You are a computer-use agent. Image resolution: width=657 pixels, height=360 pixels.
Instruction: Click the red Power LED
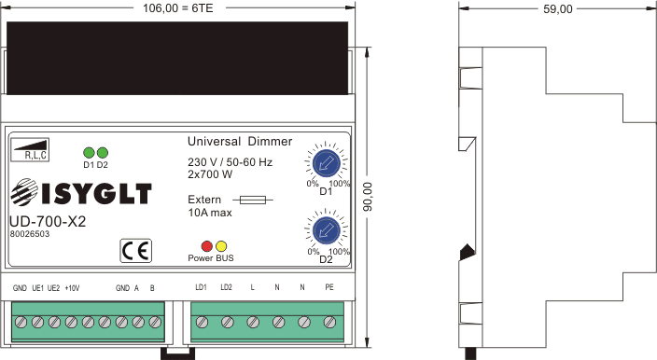(x=207, y=246)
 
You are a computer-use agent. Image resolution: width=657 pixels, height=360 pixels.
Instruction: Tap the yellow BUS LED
(x=221, y=246)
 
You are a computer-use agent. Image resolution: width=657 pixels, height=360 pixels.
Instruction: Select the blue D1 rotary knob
(x=327, y=163)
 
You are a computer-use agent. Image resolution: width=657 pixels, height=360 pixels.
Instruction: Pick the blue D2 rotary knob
(x=327, y=230)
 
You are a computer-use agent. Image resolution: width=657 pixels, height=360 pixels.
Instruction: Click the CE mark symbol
(x=135, y=251)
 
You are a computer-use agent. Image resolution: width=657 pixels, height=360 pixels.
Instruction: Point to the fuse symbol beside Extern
(x=253, y=201)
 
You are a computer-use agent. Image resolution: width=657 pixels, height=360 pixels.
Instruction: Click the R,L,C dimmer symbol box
(x=30, y=149)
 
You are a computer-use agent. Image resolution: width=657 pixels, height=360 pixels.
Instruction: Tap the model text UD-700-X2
(x=48, y=221)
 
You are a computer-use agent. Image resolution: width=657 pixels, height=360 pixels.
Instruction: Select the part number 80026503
(x=30, y=234)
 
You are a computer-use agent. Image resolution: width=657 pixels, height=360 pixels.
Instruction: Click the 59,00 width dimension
(x=558, y=9)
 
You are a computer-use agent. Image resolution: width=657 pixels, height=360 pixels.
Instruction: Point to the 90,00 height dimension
(x=368, y=197)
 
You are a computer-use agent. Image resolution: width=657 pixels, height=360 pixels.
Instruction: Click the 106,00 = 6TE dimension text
(x=178, y=8)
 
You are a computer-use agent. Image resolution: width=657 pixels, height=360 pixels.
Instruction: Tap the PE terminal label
(x=329, y=287)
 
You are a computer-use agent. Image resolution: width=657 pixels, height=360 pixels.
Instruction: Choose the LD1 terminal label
(x=202, y=287)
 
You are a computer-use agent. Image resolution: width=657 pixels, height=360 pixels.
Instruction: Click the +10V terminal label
(x=72, y=288)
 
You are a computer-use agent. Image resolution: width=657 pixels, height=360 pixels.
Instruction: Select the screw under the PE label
(x=329, y=322)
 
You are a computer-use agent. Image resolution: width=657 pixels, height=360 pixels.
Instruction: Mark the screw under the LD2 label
(x=228, y=322)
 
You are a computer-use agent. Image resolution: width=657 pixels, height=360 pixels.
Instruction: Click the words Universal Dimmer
(x=240, y=142)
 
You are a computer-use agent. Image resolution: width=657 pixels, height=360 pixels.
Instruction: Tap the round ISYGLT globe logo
(x=24, y=192)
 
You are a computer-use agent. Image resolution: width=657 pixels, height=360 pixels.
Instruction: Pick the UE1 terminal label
(x=37, y=288)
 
